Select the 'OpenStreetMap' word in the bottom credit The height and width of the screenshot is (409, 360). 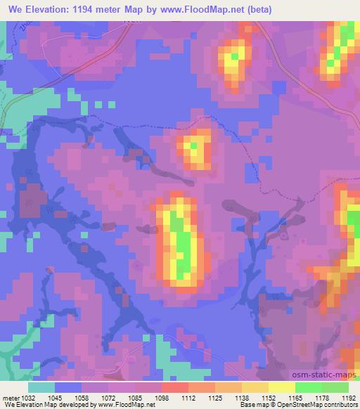[288, 405]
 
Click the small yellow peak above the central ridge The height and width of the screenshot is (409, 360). [192, 148]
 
